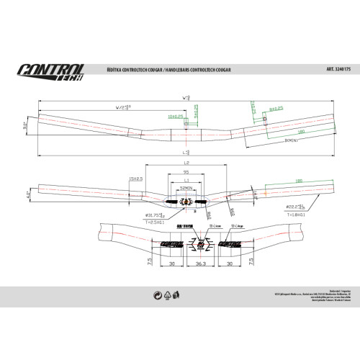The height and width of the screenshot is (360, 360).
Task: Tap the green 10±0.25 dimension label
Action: tap(173, 114)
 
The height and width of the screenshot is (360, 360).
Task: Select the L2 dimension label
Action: tap(185, 165)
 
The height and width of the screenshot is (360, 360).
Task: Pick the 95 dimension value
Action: tap(186, 173)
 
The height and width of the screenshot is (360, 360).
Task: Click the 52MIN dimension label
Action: tap(186, 187)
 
